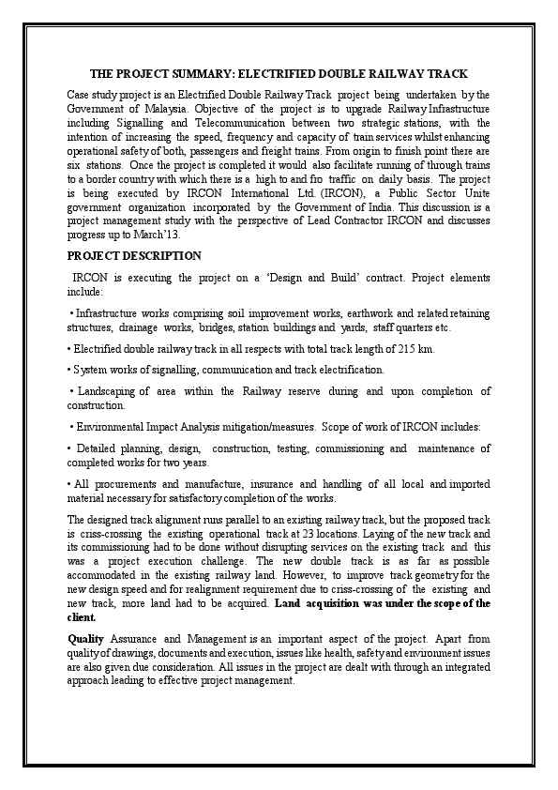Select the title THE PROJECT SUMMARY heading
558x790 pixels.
tap(279, 73)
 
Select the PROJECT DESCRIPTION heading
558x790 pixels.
tap(134, 255)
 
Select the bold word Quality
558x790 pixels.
tap(85, 638)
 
